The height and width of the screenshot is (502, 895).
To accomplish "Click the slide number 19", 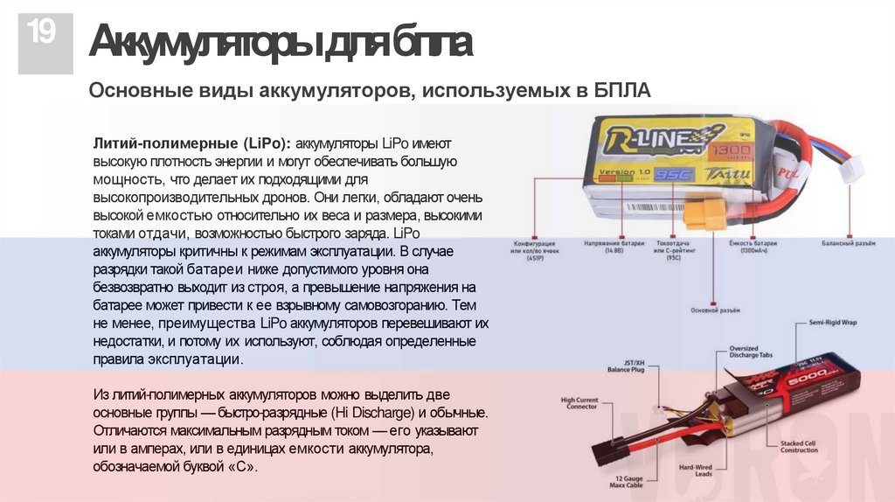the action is pos(40,34).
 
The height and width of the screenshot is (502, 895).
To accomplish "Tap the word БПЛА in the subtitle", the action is pos(622,91).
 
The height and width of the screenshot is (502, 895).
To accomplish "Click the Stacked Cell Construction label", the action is pos(800,448).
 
